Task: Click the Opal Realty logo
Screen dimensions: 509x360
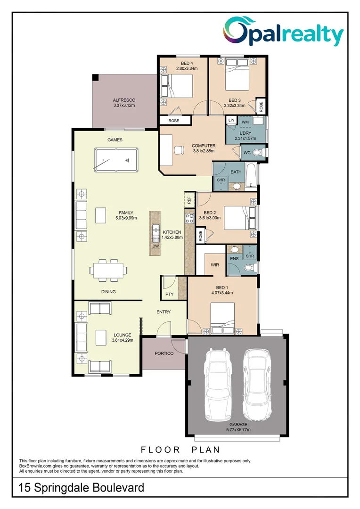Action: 283,32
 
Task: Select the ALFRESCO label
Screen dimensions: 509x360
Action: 124,100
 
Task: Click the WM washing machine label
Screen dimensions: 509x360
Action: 245,122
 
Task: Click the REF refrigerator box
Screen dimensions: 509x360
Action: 189,200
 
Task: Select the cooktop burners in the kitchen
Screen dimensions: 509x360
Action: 189,219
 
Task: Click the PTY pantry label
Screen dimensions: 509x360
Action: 169,294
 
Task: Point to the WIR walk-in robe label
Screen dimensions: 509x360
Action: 215,265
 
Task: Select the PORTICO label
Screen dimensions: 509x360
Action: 164,353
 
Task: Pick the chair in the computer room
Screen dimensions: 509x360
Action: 179,150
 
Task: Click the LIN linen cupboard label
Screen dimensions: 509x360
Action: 231,121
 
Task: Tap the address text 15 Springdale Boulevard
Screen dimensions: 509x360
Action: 82,487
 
